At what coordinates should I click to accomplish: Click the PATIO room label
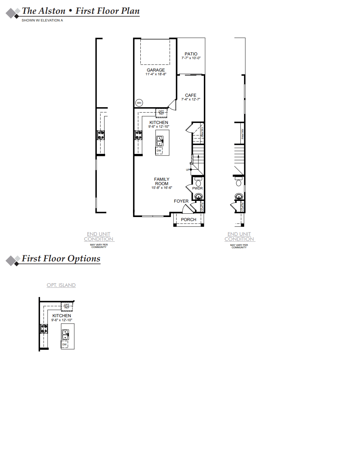191,54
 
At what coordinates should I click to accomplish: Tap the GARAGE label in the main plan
156,70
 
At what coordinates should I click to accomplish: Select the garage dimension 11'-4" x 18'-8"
156,74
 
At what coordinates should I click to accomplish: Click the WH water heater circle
139,103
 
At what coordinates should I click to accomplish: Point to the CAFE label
190,95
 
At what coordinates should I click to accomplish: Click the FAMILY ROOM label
162,181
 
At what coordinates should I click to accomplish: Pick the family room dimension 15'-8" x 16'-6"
162,188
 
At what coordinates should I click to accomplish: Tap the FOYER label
181,201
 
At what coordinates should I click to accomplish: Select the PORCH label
188,219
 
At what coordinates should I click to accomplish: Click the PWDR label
197,188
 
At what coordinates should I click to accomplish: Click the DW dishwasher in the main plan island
159,151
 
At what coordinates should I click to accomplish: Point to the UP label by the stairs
188,170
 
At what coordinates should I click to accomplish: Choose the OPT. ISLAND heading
61,285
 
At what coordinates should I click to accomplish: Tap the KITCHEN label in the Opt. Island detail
62,315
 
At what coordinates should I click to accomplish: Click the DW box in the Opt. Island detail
64,344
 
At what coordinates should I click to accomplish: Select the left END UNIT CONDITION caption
99,237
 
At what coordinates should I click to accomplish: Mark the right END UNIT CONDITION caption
239,237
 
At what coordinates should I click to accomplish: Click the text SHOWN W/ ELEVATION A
42,20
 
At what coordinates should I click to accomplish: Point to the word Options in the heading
84,259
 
